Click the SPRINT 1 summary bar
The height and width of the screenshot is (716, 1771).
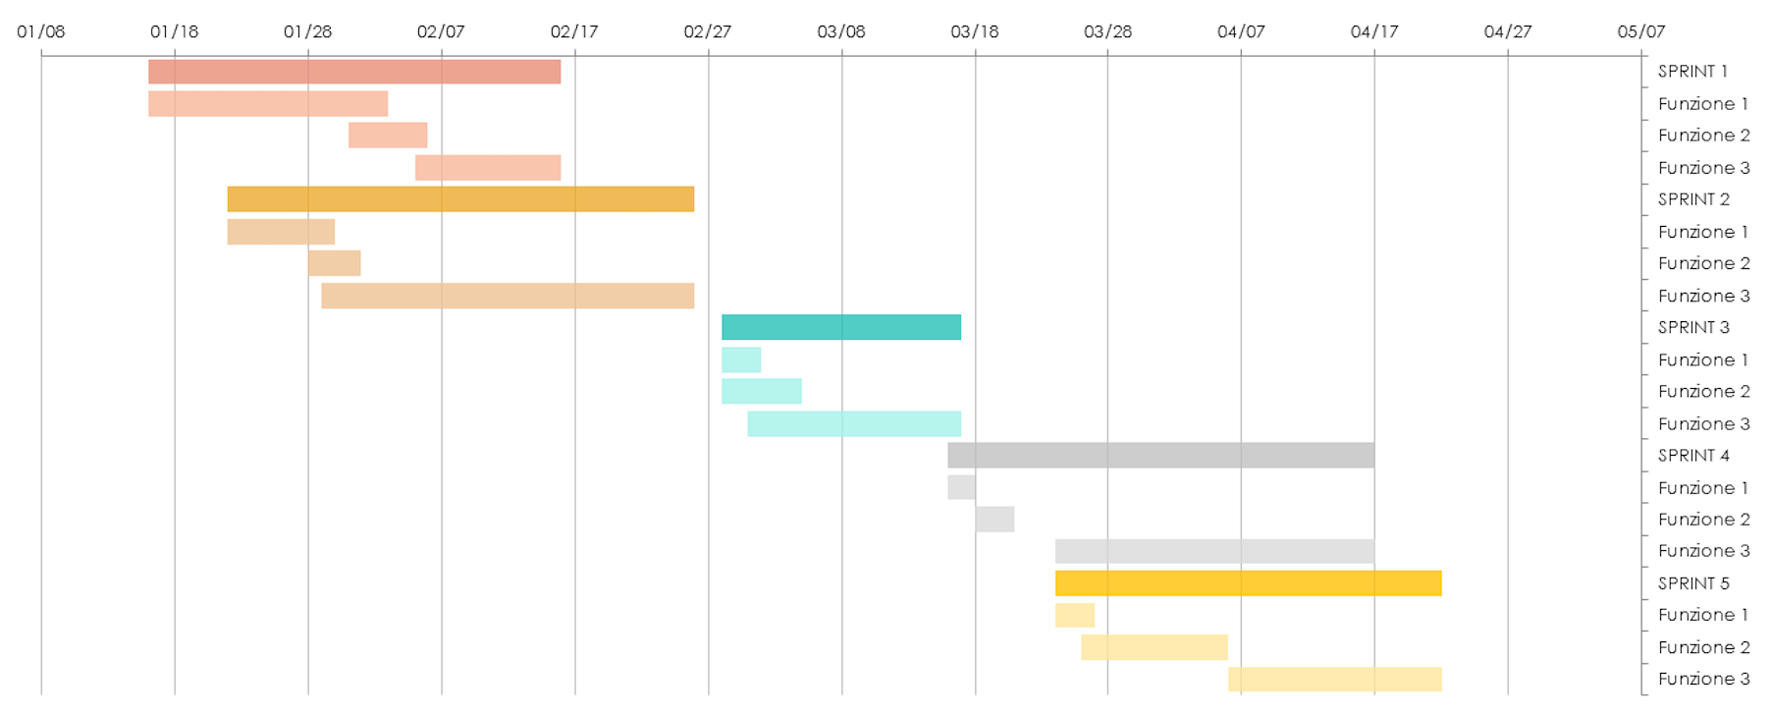click(x=353, y=72)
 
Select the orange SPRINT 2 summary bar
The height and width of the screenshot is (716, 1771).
click(x=459, y=199)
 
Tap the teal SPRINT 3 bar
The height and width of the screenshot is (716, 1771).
click(x=840, y=327)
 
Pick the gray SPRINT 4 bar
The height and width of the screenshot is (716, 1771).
click(x=1159, y=455)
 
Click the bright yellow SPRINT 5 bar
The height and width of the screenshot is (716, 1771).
click(x=1247, y=583)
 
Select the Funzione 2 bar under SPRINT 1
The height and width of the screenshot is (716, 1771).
click(x=387, y=136)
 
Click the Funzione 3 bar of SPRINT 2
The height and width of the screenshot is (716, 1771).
click(x=507, y=296)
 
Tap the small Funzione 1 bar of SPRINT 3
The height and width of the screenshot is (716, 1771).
click(x=740, y=359)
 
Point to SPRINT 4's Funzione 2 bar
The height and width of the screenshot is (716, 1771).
click(x=993, y=520)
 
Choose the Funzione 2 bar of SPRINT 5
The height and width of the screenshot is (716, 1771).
click(x=1154, y=647)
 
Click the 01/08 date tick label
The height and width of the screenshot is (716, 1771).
click(x=41, y=31)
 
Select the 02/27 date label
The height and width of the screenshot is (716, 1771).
click(x=707, y=31)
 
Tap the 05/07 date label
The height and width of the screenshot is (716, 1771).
click(x=1640, y=31)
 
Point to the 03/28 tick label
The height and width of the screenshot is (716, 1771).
click(x=1107, y=31)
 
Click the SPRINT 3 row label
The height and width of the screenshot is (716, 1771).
click(x=1692, y=327)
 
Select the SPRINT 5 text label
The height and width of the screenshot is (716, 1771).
click(x=1692, y=583)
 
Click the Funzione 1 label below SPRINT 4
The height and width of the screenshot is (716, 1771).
click(x=1702, y=488)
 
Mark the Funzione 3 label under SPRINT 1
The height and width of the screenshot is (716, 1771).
click(x=1703, y=168)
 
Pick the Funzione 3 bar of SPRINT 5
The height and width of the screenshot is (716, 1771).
click(x=1333, y=679)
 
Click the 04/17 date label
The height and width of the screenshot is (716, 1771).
click(x=1373, y=31)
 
